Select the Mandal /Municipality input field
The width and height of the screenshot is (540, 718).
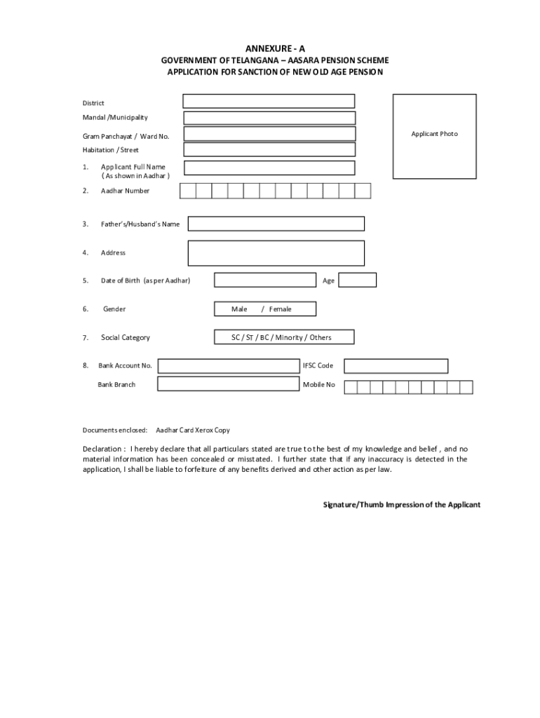click(x=269, y=118)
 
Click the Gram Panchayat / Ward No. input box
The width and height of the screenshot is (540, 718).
click(x=269, y=134)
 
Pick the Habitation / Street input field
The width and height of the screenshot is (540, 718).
click(x=269, y=149)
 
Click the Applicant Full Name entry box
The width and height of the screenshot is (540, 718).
click(x=269, y=168)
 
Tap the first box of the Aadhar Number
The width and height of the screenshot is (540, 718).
click(x=187, y=191)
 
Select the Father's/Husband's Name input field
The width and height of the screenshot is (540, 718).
click(x=276, y=224)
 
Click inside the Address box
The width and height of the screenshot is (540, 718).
click(x=276, y=252)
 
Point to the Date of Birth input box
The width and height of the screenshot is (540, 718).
click(x=264, y=280)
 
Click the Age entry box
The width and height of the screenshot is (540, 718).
click(x=358, y=280)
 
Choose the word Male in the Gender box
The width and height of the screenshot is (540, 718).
click(x=239, y=309)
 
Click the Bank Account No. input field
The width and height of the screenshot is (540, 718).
click(x=228, y=365)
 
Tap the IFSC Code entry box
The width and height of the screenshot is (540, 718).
click(x=396, y=365)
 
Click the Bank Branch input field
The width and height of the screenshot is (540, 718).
click(x=228, y=384)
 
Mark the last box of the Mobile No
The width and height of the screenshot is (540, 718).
click(x=466, y=386)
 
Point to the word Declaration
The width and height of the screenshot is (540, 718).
click(x=104, y=449)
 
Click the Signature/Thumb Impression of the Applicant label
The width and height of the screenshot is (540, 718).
click(x=401, y=505)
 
